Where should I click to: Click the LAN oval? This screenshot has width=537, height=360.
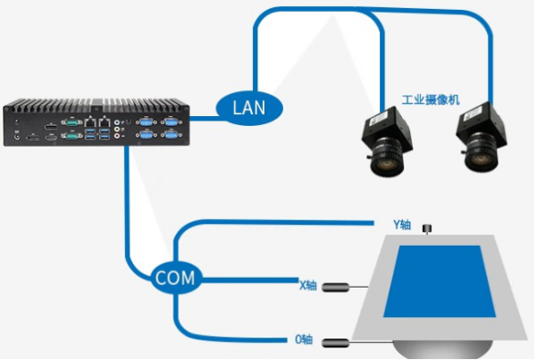pos(249,107)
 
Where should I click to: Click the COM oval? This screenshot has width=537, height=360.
pos(174,278)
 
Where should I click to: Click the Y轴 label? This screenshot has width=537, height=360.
pos(403,225)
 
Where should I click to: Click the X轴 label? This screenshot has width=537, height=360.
pos(307,286)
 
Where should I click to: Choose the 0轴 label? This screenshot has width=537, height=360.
pos(304,339)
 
